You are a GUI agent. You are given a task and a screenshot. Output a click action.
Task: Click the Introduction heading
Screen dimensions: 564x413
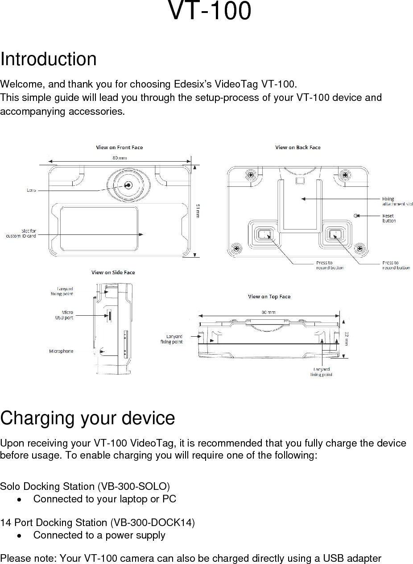tap(48, 59)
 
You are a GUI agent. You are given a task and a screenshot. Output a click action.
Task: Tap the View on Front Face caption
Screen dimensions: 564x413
tap(120, 147)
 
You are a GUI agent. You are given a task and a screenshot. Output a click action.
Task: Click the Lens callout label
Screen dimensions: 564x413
tap(32, 191)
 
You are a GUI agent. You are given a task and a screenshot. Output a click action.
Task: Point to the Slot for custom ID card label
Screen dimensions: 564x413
tap(21, 233)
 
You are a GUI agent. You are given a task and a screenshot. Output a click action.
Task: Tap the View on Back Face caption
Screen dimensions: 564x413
tap(297, 147)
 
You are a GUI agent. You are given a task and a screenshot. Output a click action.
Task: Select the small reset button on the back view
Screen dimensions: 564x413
tap(355, 216)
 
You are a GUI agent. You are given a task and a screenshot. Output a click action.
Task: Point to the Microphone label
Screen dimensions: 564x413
tap(61, 351)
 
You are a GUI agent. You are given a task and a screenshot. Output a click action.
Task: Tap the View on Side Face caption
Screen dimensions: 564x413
tap(113, 272)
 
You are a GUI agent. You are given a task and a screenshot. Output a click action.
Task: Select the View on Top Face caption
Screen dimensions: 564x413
tap(269, 297)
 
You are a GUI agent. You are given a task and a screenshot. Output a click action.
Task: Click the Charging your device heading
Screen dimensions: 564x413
tap(87, 418)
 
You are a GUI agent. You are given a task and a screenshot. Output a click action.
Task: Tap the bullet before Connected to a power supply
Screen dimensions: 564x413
tap(18, 535)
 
